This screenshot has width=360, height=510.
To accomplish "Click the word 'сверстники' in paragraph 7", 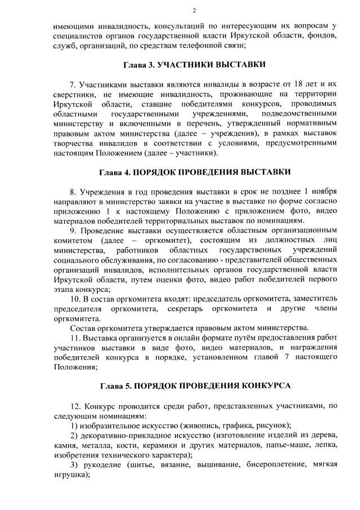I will click(72, 94).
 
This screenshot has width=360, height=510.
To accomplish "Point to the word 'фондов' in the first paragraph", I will click(322, 36).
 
